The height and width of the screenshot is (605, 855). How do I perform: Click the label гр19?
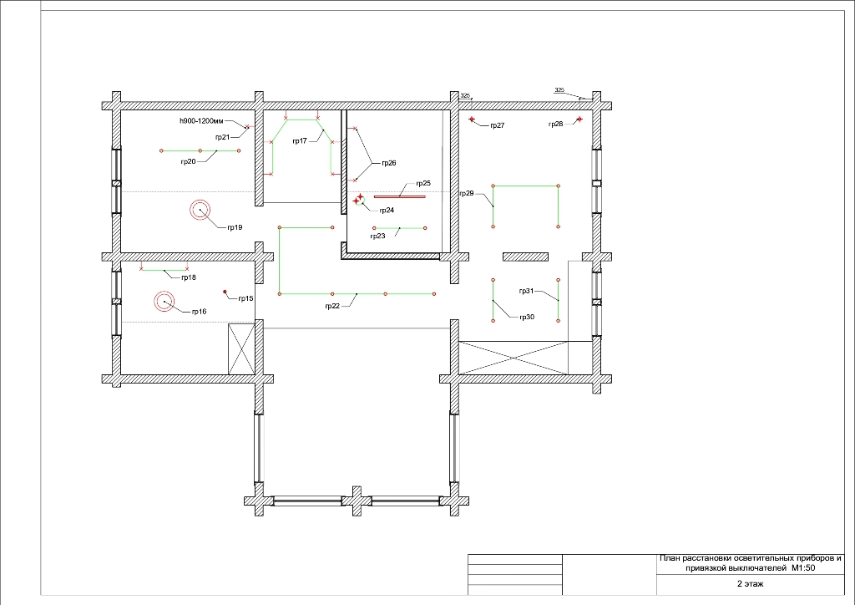click(235, 227)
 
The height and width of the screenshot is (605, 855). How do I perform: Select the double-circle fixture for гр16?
click(164, 301)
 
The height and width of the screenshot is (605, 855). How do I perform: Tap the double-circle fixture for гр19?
click(200, 210)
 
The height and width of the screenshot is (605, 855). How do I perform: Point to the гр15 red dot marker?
click(225, 292)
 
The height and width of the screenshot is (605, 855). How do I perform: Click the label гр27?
click(498, 125)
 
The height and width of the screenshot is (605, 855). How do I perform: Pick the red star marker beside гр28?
click(579, 119)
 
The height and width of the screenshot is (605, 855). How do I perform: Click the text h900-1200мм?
click(201, 120)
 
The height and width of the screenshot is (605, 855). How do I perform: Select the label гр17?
click(300, 141)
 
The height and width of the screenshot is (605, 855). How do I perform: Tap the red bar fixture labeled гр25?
click(400, 196)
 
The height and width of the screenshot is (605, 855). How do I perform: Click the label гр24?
click(387, 210)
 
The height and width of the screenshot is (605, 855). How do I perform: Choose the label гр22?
click(332, 306)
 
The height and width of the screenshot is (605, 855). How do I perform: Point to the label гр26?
click(389, 163)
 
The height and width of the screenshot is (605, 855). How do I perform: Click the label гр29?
click(467, 193)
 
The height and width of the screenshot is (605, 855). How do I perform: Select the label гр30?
click(527, 318)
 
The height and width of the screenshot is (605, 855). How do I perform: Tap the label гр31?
click(526, 291)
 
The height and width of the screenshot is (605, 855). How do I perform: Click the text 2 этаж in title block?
click(751, 584)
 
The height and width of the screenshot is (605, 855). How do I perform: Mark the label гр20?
click(189, 161)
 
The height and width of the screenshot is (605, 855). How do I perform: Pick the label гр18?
click(189, 277)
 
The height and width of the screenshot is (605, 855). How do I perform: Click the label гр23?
click(377, 236)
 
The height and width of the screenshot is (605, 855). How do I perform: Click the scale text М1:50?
click(804, 568)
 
